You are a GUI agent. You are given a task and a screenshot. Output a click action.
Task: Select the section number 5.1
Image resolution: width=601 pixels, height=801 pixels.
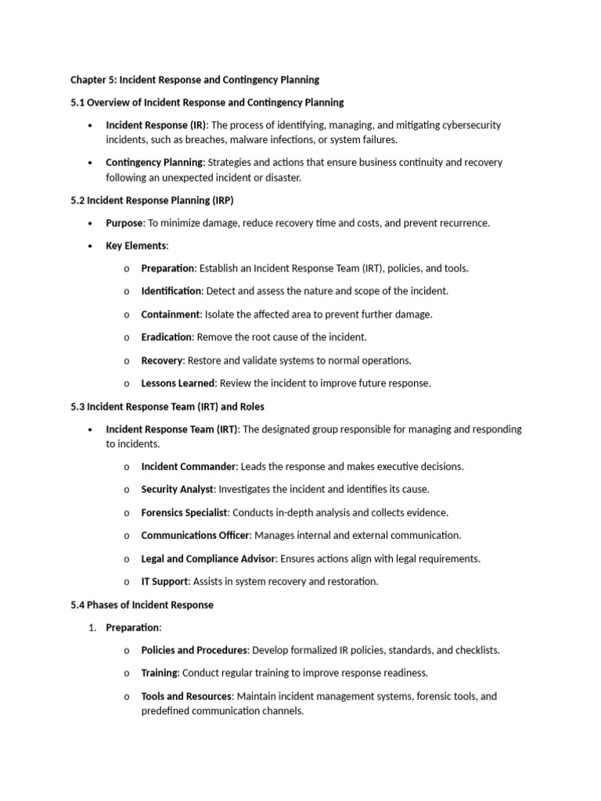click(x=77, y=102)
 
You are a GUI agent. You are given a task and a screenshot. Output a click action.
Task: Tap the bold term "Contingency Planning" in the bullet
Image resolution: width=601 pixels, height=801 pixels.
click(x=154, y=163)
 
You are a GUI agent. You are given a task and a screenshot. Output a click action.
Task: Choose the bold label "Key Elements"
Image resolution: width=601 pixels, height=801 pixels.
click(x=136, y=246)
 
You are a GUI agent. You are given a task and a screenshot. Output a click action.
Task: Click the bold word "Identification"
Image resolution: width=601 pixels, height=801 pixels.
click(x=171, y=291)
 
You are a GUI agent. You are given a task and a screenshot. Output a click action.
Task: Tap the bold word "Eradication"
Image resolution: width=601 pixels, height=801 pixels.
click(x=166, y=337)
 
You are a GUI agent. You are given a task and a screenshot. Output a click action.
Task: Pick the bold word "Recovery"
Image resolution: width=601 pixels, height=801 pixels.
click(x=161, y=361)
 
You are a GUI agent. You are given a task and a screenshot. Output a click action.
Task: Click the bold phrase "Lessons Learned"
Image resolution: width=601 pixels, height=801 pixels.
click(x=178, y=383)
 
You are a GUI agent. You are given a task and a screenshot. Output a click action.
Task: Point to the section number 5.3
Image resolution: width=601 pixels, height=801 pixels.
click(x=77, y=407)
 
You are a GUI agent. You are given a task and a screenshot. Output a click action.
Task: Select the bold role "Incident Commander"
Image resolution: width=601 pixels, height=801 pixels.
click(x=188, y=466)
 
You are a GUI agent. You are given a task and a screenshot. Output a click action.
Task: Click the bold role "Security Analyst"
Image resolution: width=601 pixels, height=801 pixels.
click(x=177, y=490)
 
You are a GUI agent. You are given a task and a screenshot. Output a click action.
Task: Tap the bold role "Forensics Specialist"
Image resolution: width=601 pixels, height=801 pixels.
click(x=185, y=512)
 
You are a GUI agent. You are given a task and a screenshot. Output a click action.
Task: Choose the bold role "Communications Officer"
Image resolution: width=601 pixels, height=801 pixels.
click(x=196, y=536)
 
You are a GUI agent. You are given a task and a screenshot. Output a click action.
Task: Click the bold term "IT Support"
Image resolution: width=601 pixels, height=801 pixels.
click(x=164, y=581)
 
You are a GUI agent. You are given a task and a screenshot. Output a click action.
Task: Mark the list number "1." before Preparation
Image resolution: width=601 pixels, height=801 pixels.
click(x=92, y=627)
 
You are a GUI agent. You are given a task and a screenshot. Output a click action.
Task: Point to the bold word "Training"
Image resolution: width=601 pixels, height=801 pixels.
click(x=160, y=673)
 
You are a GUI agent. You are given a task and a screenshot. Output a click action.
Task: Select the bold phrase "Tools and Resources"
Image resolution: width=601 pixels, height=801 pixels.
click(x=186, y=696)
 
